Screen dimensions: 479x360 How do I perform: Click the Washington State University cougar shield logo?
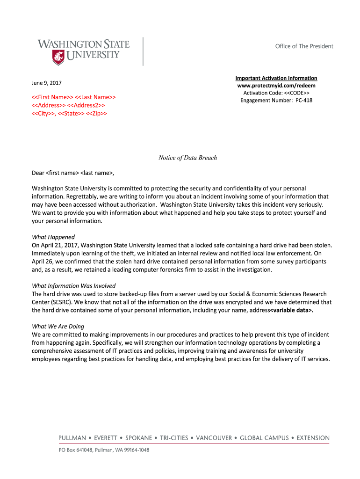click(58, 58)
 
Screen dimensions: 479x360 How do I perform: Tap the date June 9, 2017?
click(46, 83)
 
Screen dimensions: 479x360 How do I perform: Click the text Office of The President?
click(304, 46)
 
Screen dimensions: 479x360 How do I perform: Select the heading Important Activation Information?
click(276, 78)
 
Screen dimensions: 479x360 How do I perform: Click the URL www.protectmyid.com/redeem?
click(276, 86)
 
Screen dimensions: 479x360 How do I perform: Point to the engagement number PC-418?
click(304, 100)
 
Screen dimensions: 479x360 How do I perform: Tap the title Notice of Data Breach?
click(188, 158)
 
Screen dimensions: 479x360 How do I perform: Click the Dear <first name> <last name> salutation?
click(73, 173)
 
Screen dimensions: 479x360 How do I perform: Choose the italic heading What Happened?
click(53, 237)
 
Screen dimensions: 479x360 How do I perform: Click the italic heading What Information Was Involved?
click(73, 285)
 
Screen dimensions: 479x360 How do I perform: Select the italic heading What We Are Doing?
click(58, 327)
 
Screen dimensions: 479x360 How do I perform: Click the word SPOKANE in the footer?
click(138, 438)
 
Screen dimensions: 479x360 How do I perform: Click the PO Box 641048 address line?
click(104, 450)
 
